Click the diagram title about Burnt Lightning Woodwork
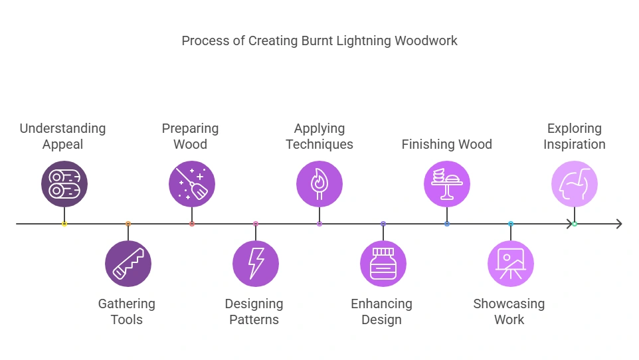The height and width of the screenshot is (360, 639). tap(319, 41)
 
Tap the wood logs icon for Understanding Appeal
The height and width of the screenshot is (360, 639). tap(64, 184)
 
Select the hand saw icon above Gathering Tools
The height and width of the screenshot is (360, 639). tap(128, 264)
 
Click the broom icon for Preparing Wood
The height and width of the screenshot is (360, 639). tap(192, 184)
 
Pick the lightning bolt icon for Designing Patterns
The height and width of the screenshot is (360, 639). tap(256, 264)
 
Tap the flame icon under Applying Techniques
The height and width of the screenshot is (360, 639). tap(319, 184)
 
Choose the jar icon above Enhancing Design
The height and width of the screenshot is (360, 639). tap(383, 264)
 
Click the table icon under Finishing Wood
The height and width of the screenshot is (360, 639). tap(447, 184)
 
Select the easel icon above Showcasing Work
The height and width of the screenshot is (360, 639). tap(511, 264)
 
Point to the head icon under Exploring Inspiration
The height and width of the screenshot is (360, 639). tap(575, 184)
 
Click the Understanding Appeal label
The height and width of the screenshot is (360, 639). tap(62, 136)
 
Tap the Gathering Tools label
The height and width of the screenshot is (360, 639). tap(127, 312)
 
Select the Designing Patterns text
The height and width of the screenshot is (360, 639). tap(254, 312)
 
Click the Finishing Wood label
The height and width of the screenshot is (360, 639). tap(447, 144)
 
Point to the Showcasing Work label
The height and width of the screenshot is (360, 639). tap(509, 312)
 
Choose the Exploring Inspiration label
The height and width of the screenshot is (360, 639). tap(575, 136)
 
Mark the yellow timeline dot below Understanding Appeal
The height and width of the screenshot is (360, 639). tap(64, 224)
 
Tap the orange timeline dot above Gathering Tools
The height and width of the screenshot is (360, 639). tap(128, 224)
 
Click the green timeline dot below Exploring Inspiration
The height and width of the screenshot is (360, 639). tap(575, 224)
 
